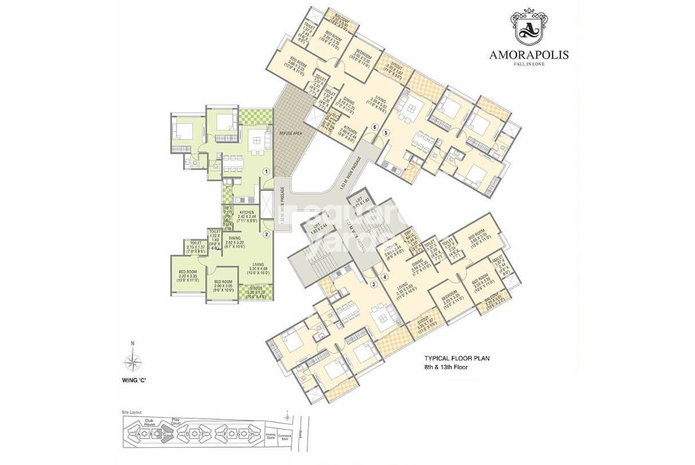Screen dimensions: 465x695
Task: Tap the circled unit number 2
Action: click(266, 233)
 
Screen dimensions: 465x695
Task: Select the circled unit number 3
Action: click(373, 284)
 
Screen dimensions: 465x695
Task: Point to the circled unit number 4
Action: click(384, 277)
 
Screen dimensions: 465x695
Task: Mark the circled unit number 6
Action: click(375, 126)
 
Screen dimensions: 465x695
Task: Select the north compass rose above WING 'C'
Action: click(133, 361)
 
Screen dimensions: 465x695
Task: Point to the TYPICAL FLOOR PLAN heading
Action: click(456, 359)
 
